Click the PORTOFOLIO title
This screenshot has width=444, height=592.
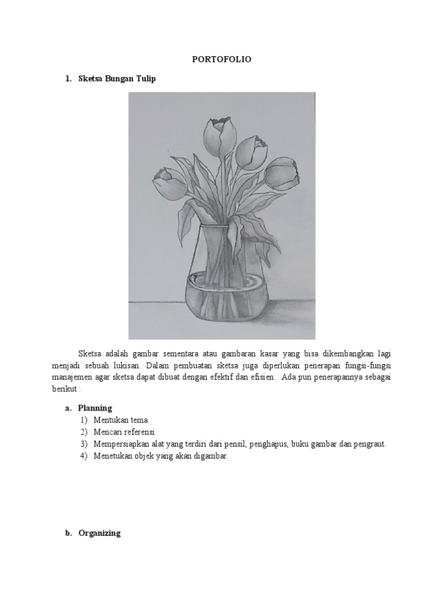tap(222, 59)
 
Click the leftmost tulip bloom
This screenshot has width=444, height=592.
tap(168, 183)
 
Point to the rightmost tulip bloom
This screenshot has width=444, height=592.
tap(282, 173)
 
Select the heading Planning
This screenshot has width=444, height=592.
tap(95, 408)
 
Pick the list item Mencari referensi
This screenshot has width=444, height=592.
tap(125, 432)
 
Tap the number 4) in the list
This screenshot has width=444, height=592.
tap(84, 456)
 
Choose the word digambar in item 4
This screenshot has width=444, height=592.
tap(212, 456)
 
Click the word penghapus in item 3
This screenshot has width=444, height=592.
tap(270, 444)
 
